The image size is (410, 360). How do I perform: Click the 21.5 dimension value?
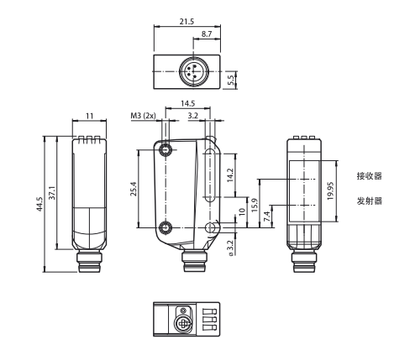pos(187,21)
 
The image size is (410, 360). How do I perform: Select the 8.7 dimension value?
pos(207,34)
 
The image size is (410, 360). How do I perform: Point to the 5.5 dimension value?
pos(231,81)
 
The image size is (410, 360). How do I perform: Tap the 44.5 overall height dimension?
pos(39,204)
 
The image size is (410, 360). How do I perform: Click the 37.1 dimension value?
pos(52,193)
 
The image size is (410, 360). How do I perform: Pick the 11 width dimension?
pos(89,116)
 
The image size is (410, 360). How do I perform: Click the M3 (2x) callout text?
pos(143,116)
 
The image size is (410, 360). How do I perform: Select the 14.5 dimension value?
pos(187,103)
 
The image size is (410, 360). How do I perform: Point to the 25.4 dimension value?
pos(134,189)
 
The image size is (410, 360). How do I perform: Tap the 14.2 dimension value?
pos(230,175)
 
